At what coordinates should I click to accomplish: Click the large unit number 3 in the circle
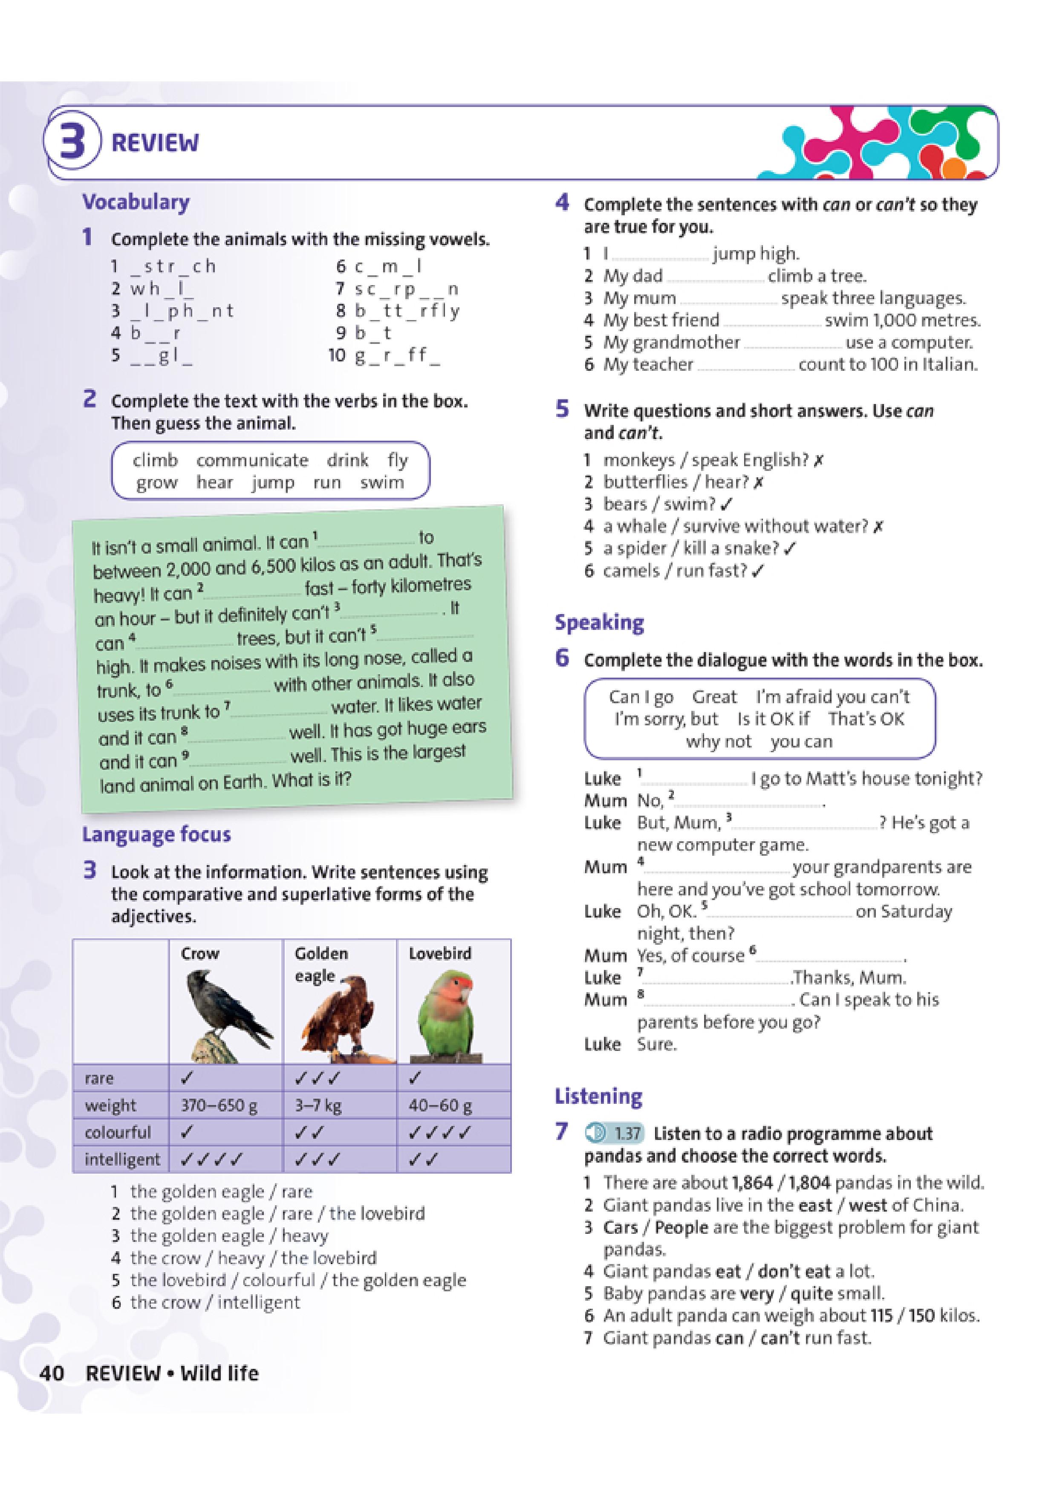[72, 141]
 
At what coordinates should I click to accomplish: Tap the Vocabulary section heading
[136, 202]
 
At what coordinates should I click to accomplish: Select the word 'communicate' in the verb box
[252, 460]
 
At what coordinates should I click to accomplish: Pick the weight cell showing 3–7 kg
[318, 1105]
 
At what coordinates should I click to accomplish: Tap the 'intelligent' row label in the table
[122, 1160]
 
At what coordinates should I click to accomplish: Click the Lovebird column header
[439, 954]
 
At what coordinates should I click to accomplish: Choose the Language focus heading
[156, 835]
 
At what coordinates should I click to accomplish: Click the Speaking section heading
[599, 623]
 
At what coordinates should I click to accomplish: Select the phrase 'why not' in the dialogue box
[718, 742]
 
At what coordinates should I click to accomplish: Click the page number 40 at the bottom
[52, 1373]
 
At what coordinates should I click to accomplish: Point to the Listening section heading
[598, 1097]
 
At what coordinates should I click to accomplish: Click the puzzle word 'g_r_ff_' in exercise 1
[397, 355]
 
